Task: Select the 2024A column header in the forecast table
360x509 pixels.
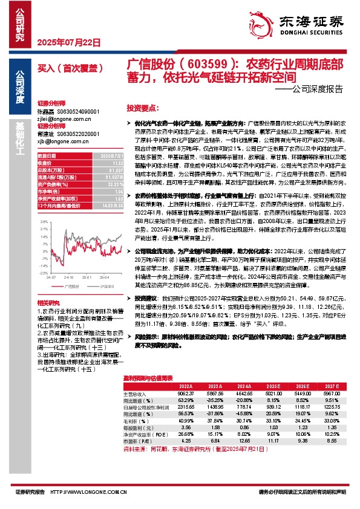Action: [244, 384]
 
